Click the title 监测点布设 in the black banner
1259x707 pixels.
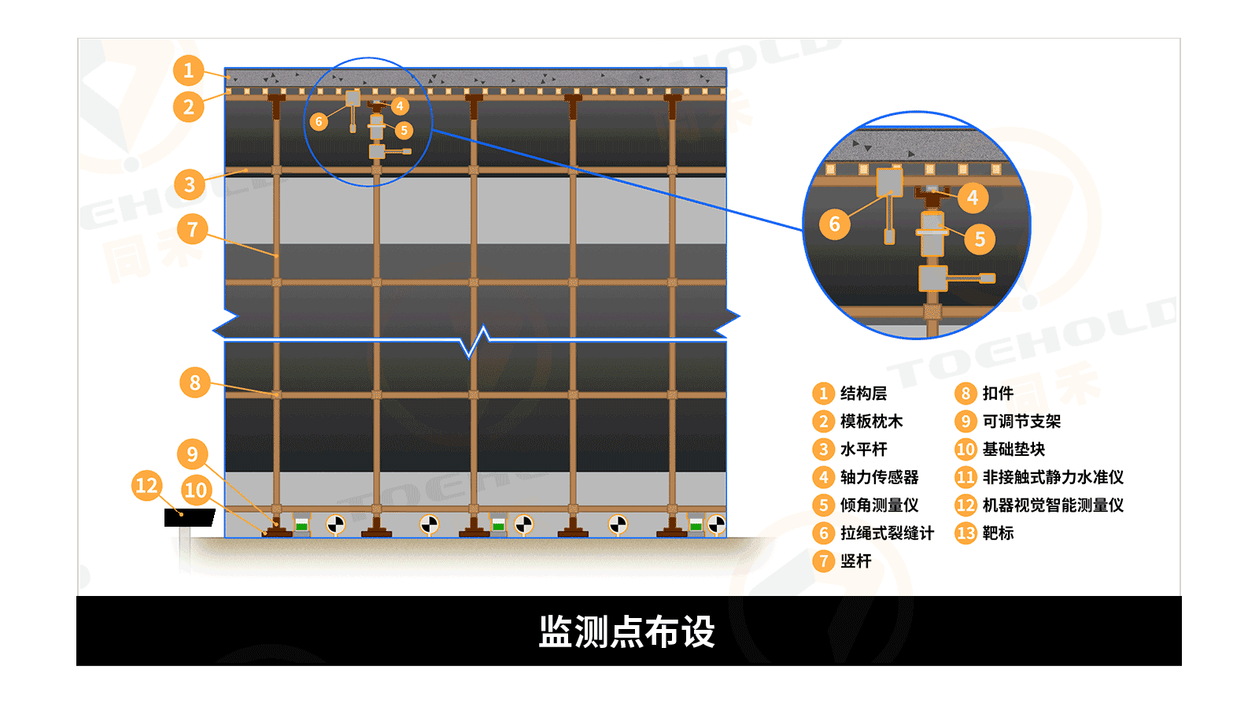point(627,631)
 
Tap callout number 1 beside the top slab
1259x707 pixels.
point(189,71)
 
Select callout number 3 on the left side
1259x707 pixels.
point(190,184)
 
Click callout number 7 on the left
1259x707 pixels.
point(192,230)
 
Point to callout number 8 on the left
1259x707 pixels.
point(195,383)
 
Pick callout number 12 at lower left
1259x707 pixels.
point(147,485)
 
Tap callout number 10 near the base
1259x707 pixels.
point(196,490)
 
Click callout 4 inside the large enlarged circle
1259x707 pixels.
point(973,198)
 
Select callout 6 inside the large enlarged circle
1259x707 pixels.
point(835,224)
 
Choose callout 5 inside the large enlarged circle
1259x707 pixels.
point(980,239)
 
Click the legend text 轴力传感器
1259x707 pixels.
point(879,477)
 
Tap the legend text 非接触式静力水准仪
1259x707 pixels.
point(1053,477)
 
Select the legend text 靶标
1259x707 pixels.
point(998,533)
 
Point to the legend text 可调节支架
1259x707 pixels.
point(1021,421)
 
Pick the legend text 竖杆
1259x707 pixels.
point(855,561)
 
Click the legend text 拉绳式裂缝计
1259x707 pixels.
point(887,533)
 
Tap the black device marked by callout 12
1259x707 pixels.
point(189,517)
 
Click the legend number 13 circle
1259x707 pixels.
point(965,533)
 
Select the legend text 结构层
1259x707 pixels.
point(863,393)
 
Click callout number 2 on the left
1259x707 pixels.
point(189,106)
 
